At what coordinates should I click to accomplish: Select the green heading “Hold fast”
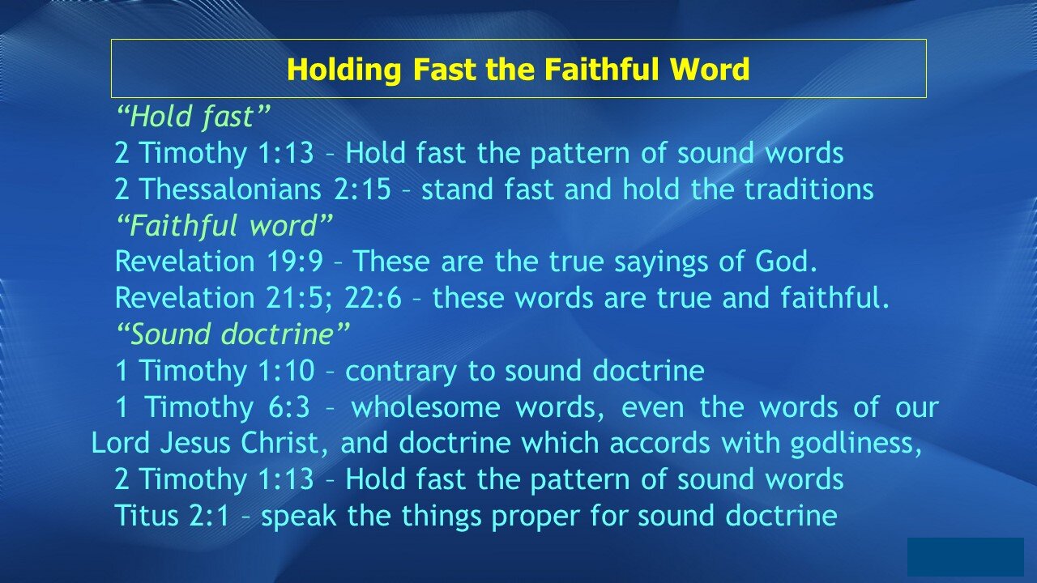pos(193,117)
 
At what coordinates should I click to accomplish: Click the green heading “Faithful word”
pos(224,225)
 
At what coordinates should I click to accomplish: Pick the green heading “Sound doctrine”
pos(233,334)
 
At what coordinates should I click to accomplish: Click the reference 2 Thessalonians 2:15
pos(253,189)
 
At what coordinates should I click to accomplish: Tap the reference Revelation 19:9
pos(219,261)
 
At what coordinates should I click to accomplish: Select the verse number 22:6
pos(373,297)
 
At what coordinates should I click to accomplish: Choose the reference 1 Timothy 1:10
pos(215,371)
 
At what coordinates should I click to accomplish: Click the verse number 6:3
pos(289,407)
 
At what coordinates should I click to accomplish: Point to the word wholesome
pos(426,406)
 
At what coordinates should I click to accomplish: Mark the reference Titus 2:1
pos(173,516)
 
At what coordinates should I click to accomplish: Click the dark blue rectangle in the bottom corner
pos(965,557)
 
